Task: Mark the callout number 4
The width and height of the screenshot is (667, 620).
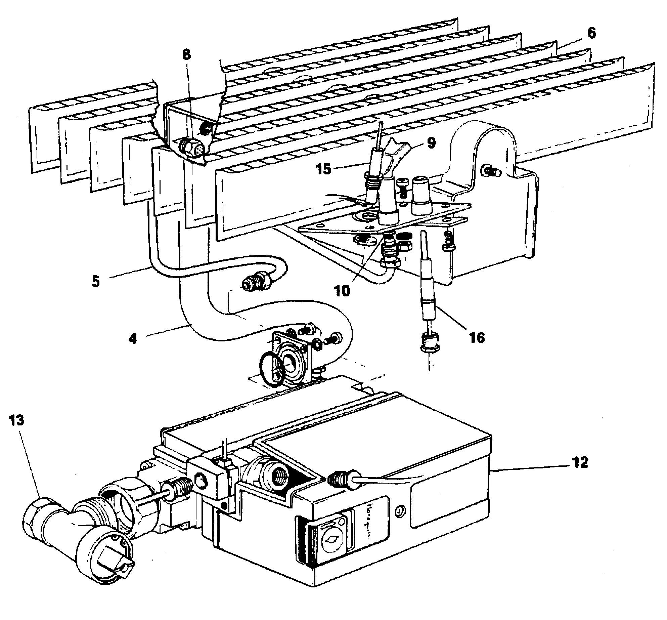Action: [133, 338]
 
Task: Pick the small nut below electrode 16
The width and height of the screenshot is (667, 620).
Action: [430, 347]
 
